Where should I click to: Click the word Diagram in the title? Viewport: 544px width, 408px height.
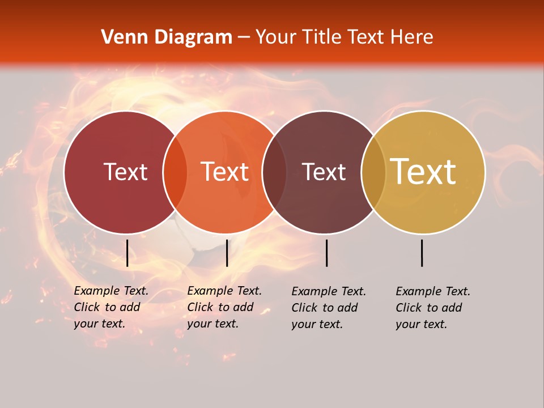193,37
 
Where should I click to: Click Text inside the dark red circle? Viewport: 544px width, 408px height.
125,172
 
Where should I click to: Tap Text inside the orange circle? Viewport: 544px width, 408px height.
225,172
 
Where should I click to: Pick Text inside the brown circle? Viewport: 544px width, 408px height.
324,172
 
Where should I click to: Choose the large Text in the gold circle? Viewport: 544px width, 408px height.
423,172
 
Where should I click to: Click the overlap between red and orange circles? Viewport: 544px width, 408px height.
175,172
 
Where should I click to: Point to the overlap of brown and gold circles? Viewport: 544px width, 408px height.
373,172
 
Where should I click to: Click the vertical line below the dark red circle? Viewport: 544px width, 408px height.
127,253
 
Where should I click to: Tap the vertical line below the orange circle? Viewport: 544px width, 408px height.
227,253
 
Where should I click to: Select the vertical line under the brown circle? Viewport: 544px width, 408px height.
326,253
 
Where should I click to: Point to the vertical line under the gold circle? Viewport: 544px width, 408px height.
422,253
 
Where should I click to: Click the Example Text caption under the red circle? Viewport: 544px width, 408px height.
111,307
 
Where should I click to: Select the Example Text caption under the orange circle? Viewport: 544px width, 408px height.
224,307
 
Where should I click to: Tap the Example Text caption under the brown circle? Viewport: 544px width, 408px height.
329,308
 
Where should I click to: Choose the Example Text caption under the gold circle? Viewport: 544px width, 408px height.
433,308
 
